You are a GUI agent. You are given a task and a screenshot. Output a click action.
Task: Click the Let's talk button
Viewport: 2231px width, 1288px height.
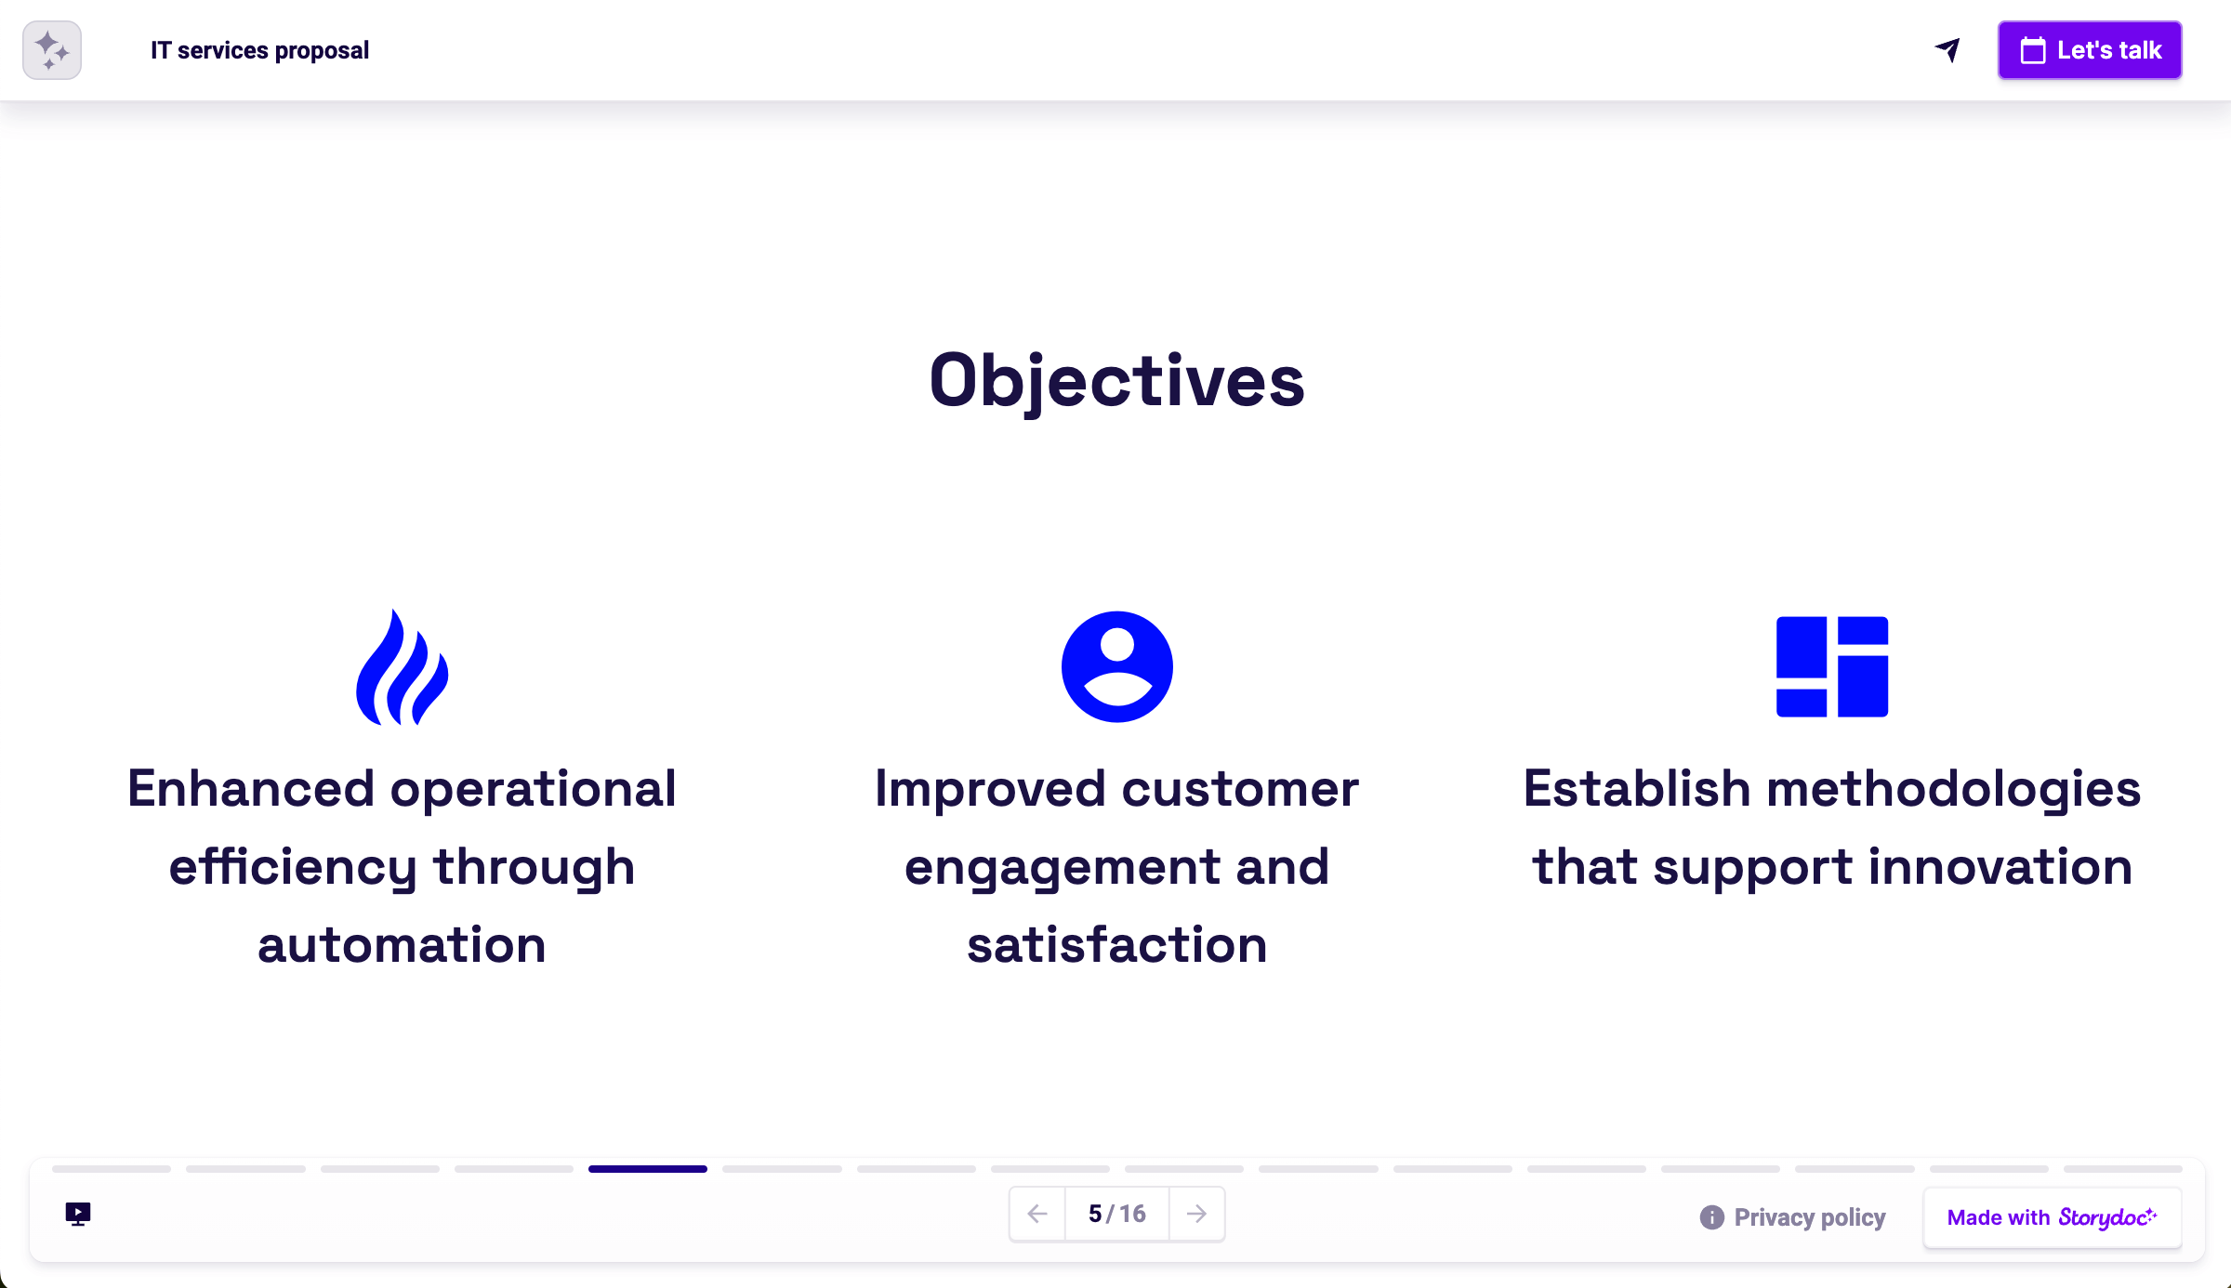pos(2089,50)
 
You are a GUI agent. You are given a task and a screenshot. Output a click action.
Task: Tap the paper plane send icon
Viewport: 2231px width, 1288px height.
pos(1947,50)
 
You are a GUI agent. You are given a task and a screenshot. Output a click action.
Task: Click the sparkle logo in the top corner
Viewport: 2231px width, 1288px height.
pos(52,50)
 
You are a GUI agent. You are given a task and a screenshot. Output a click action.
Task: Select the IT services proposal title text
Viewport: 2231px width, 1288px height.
pos(259,50)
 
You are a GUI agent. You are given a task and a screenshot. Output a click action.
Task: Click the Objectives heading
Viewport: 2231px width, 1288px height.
pos(1116,381)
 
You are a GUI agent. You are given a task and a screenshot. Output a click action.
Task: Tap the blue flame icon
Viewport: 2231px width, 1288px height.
pos(402,667)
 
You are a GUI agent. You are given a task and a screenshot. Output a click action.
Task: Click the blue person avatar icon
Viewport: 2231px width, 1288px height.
pos(1116,666)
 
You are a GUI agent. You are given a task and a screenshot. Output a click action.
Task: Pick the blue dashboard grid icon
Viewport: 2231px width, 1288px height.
pos(1831,666)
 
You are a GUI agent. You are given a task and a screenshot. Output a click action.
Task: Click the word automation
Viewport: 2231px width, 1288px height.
pos(402,945)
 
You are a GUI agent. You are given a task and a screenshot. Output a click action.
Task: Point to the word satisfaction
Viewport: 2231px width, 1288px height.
pos(1116,945)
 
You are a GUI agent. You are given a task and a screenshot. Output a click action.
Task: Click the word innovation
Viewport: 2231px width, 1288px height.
pos(2000,867)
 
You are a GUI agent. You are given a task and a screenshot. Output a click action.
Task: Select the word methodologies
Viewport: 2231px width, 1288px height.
pos(1953,789)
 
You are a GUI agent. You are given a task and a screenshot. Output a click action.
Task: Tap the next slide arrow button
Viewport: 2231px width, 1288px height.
pos(1196,1214)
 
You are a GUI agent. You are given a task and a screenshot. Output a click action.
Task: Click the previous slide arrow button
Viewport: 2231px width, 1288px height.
pos(1037,1214)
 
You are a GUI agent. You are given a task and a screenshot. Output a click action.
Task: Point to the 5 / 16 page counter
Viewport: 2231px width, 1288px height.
pos(1116,1214)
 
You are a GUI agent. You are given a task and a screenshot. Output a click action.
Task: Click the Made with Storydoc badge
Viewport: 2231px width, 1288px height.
pos(2052,1217)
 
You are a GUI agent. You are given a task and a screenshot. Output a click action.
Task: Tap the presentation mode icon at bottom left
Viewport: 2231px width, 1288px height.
pos(78,1214)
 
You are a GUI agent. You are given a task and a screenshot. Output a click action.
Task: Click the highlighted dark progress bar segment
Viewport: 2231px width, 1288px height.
pos(647,1169)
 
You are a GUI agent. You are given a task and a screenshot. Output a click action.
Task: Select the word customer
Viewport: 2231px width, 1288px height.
pos(1240,789)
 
